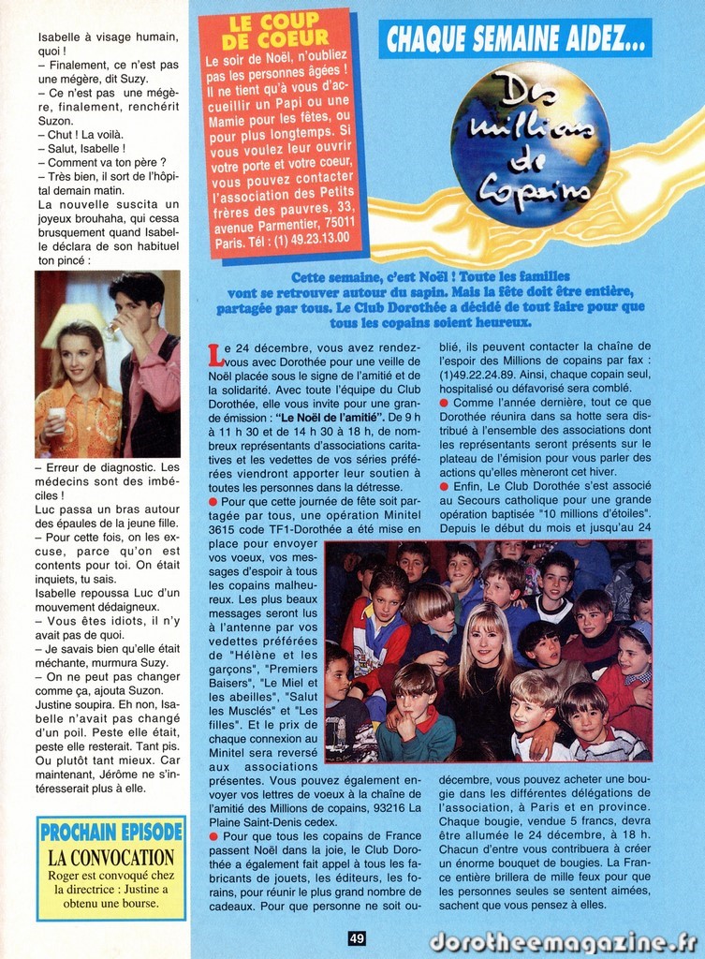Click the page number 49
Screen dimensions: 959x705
357,937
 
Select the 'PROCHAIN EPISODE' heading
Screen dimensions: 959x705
111,831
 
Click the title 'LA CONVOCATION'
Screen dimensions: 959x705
110,857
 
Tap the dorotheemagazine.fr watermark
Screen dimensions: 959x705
563,941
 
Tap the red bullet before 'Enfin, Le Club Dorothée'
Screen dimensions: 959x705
444,487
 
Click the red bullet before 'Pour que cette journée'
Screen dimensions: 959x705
214,503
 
